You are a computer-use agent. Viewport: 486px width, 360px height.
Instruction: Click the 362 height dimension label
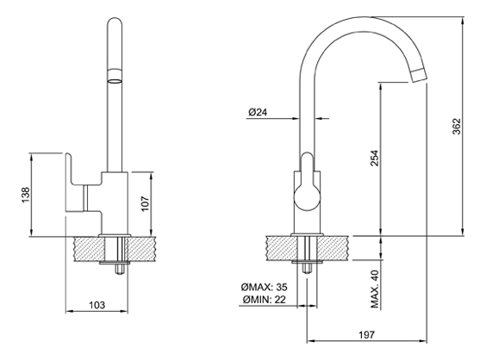(x=457, y=127)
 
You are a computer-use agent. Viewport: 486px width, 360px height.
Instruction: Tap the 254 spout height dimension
(x=375, y=158)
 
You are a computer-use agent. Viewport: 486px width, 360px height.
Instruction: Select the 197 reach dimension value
(x=367, y=335)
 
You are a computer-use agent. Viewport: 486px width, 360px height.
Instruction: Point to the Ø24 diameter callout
(x=258, y=112)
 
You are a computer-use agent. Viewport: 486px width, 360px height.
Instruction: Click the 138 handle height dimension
(x=25, y=195)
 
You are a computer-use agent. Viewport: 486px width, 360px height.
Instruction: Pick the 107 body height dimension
(x=145, y=203)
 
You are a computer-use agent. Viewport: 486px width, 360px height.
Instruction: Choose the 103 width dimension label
(x=97, y=305)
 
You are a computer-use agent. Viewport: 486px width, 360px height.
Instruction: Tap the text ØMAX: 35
(x=264, y=287)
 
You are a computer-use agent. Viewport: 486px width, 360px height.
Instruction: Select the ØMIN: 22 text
(x=265, y=300)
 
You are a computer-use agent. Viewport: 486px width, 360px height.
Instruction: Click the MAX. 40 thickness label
(x=375, y=289)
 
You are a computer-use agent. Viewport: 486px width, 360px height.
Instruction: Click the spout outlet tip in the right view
(x=418, y=76)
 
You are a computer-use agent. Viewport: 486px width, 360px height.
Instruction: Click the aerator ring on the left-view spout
(x=115, y=77)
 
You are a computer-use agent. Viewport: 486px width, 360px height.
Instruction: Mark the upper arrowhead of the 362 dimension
(x=463, y=21)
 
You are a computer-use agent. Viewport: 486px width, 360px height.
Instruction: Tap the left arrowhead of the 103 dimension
(x=70, y=312)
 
